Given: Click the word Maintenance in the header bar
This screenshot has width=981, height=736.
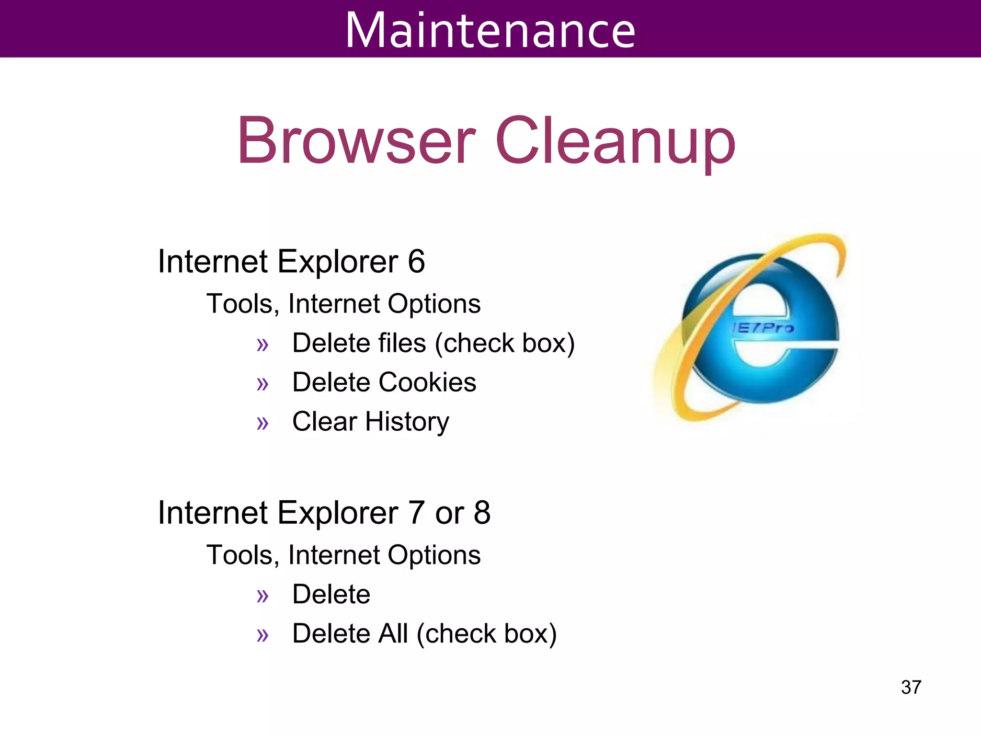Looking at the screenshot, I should (x=490, y=30).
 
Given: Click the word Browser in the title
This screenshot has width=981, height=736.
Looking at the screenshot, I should (x=357, y=141).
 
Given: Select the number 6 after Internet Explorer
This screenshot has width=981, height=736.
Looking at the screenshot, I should (x=416, y=262).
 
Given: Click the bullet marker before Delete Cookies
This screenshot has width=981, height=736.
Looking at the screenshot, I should (x=262, y=384).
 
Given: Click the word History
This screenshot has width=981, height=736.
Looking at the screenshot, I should (x=407, y=422).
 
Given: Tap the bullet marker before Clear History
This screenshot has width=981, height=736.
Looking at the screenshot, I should (x=262, y=423).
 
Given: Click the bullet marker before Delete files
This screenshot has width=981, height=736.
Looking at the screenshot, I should (x=262, y=345).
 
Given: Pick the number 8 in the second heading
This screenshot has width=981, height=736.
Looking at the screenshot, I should (x=482, y=513).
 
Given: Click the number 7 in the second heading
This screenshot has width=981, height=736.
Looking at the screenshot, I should (x=416, y=513).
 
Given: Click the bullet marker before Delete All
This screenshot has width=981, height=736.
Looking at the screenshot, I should (x=262, y=635).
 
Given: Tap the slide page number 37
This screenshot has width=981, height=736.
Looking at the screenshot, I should (x=911, y=687).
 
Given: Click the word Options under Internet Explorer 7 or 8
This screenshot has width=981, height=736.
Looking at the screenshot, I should (x=434, y=555).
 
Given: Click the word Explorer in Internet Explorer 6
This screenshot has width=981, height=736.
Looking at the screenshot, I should (x=338, y=262).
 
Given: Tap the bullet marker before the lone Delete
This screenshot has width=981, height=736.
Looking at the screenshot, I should (x=262, y=596).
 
